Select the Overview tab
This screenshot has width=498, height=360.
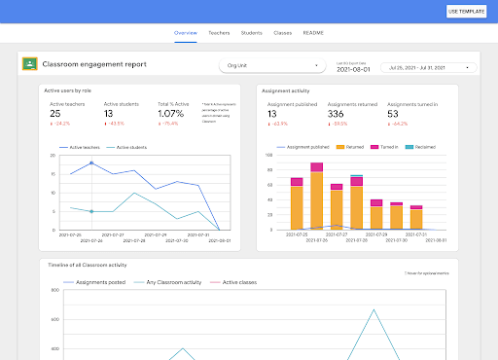pos(186,33)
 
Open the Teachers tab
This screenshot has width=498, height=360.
pos(219,33)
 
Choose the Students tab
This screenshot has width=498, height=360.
pos(251,33)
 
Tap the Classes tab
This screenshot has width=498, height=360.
pos(282,33)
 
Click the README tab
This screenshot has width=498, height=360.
pos(313,33)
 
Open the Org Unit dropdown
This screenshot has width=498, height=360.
pos(272,66)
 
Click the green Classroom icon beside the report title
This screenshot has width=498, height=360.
pos(29,64)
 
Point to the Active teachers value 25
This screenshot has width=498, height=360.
pos(55,114)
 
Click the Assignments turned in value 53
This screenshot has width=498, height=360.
pos(394,114)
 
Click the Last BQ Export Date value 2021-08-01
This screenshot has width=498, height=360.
pos(354,69)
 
